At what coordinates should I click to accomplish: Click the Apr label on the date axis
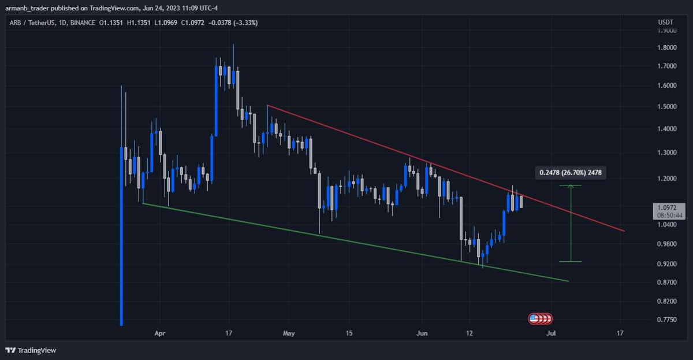160,333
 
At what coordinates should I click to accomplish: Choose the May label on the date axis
289,333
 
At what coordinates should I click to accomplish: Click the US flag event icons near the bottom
541,318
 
